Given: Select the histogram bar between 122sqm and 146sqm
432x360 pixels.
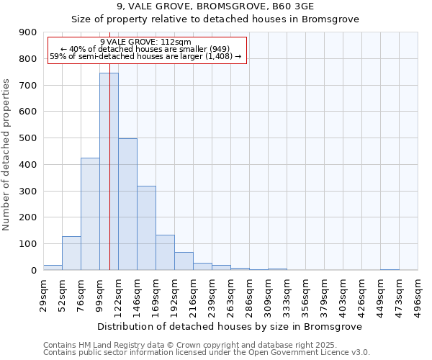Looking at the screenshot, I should pos(127,204).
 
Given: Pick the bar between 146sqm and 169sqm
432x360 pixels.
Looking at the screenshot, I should pos(146,228).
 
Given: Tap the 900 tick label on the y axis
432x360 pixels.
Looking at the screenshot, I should pos(29,32).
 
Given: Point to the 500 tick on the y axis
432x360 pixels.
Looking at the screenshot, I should pos(29,138).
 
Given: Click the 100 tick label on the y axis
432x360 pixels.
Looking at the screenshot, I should pos(29,244).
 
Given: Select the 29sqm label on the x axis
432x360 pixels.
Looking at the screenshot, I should pos(43,294).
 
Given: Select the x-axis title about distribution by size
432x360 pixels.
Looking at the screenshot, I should pos(230,326).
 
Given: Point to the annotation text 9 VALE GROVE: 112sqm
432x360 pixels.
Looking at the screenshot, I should pos(146,42).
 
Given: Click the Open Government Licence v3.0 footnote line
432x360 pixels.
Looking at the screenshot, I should pos(207,353).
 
